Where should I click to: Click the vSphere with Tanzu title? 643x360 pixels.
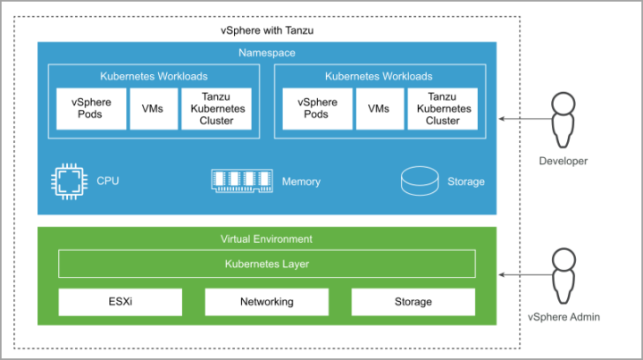point(267,30)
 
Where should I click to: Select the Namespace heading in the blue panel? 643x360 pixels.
point(267,53)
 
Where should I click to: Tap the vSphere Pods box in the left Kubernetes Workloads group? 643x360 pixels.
point(91,109)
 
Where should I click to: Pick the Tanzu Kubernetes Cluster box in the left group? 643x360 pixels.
point(216,109)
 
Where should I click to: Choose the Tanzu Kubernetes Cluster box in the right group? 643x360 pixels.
point(442,109)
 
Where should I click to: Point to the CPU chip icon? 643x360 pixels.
point(69,181)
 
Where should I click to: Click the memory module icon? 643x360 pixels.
point(242,180)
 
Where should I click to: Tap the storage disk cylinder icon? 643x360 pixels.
point(420,180)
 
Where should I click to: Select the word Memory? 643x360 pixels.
point(301,181)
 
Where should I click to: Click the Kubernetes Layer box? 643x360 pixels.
point(267,264)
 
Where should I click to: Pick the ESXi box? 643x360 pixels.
point(121,302)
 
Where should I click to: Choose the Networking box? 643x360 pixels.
point(267,302)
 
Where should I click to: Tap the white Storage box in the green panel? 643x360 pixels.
point(413,302)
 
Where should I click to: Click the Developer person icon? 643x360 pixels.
point(563,120)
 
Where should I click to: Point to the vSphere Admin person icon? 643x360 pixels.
point(564,275)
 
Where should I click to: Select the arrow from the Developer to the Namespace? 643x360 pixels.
point(526,119)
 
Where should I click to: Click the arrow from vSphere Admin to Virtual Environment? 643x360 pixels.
point(526,275)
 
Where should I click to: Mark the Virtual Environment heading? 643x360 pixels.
point(266,239)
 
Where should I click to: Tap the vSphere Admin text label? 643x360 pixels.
point(564,317)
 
